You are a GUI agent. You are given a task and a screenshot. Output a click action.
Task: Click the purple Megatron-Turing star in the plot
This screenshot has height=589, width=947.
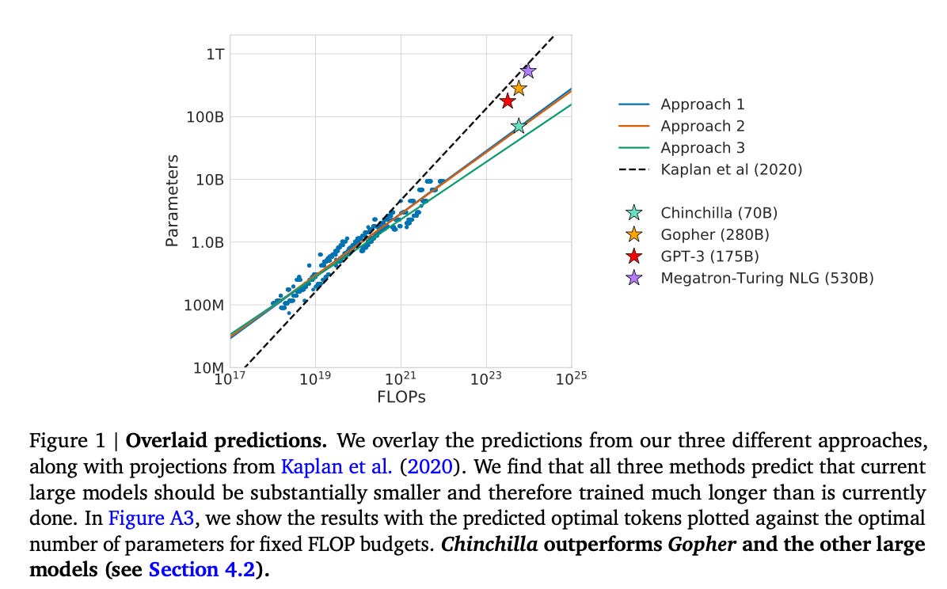click(528, 71)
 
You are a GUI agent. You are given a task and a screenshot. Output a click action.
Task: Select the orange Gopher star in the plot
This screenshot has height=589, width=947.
click(519, 88)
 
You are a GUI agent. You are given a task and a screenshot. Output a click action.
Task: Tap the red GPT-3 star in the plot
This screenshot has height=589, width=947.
click(508, 101)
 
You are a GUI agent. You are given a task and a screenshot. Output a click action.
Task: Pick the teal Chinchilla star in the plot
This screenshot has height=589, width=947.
click(519, 126)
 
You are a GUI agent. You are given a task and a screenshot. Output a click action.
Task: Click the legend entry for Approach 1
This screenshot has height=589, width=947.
click(702, 104)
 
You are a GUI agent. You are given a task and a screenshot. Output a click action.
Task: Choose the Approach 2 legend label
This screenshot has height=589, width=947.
click(702, 126)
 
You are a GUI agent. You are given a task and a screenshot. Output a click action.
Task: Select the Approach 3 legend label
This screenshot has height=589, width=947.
click(702, 147)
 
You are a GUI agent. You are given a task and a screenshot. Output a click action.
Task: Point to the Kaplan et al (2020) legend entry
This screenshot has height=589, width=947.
click(731, 169)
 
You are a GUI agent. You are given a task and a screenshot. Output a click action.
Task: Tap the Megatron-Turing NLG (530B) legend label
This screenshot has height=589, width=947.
click(766, 278)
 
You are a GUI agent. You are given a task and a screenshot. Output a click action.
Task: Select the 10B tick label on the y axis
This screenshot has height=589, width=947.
click(207, 179)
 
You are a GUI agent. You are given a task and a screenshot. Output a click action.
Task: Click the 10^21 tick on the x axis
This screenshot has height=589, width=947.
click(401, 379)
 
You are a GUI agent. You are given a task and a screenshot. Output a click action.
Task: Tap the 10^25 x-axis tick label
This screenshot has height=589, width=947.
click(570, 379)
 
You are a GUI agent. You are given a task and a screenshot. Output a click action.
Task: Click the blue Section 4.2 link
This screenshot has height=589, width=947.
click(202, 569)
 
